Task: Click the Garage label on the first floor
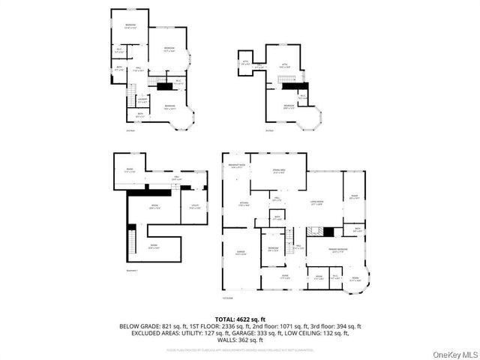(x=241, y=252)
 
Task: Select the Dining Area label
(x=278, y=172)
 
